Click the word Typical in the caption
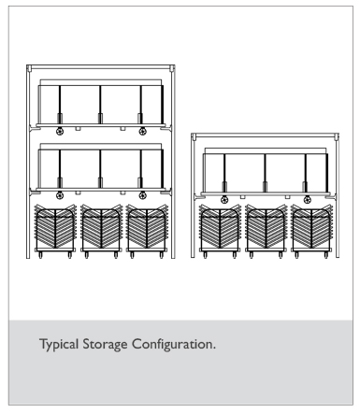point(59,345)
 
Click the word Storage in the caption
point(105,345)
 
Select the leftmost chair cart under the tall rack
point(55,231)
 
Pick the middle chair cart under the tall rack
point(101,231)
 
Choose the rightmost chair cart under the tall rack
point(147,231)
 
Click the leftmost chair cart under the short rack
point(220,231)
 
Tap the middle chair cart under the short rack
point(266,231)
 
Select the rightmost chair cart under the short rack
point(311,231)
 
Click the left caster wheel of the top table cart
point(60,131)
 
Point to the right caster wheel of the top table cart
point(142,131)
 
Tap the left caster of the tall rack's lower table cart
point(60,195)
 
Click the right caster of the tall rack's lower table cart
point(142,195)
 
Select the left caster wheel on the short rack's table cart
point(224,200)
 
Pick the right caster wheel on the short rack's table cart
point(307,200)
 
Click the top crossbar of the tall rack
point(101,67)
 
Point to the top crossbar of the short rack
point(265,135)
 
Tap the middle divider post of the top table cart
point(100,105)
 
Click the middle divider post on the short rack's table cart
point(265,173)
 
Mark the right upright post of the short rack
point(337,196)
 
